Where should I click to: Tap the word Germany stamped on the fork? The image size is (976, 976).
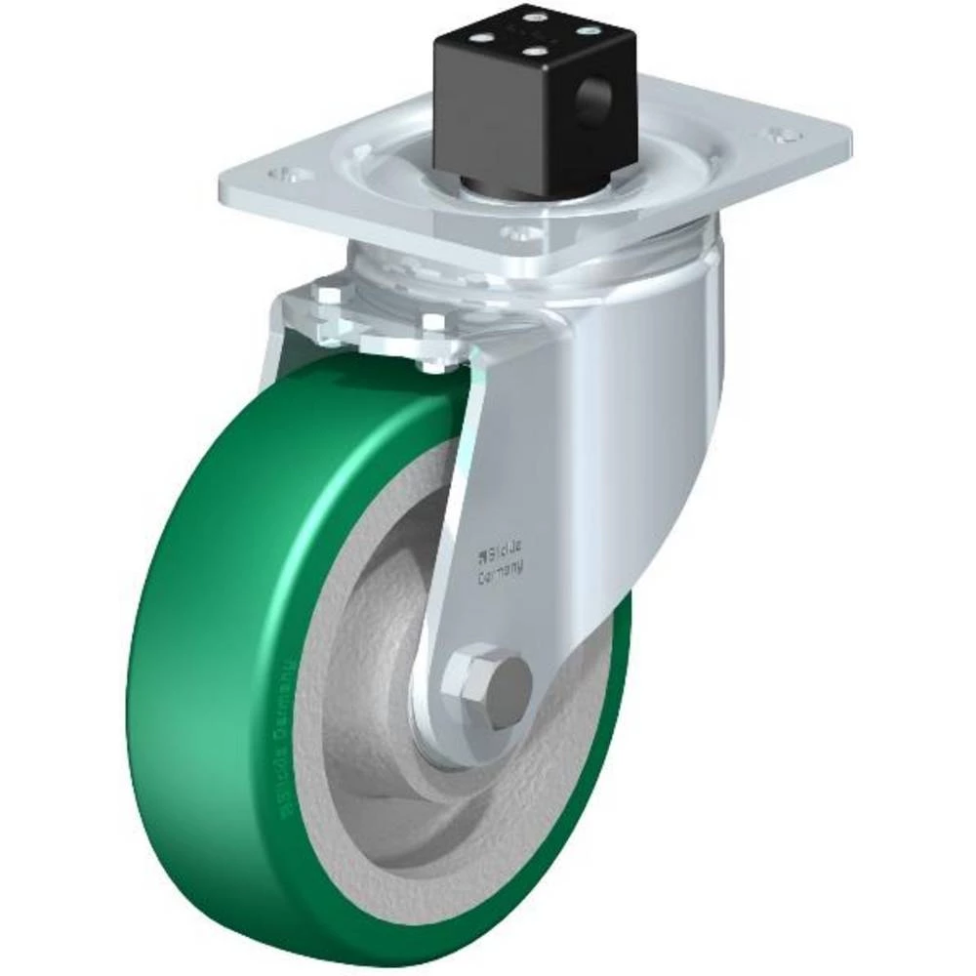(x=499, y=576)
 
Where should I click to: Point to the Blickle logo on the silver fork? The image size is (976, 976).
(x=498, y=556)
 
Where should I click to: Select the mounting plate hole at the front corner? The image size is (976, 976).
(x=522, y=233)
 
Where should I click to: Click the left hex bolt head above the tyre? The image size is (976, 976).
(x=326, y=298)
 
